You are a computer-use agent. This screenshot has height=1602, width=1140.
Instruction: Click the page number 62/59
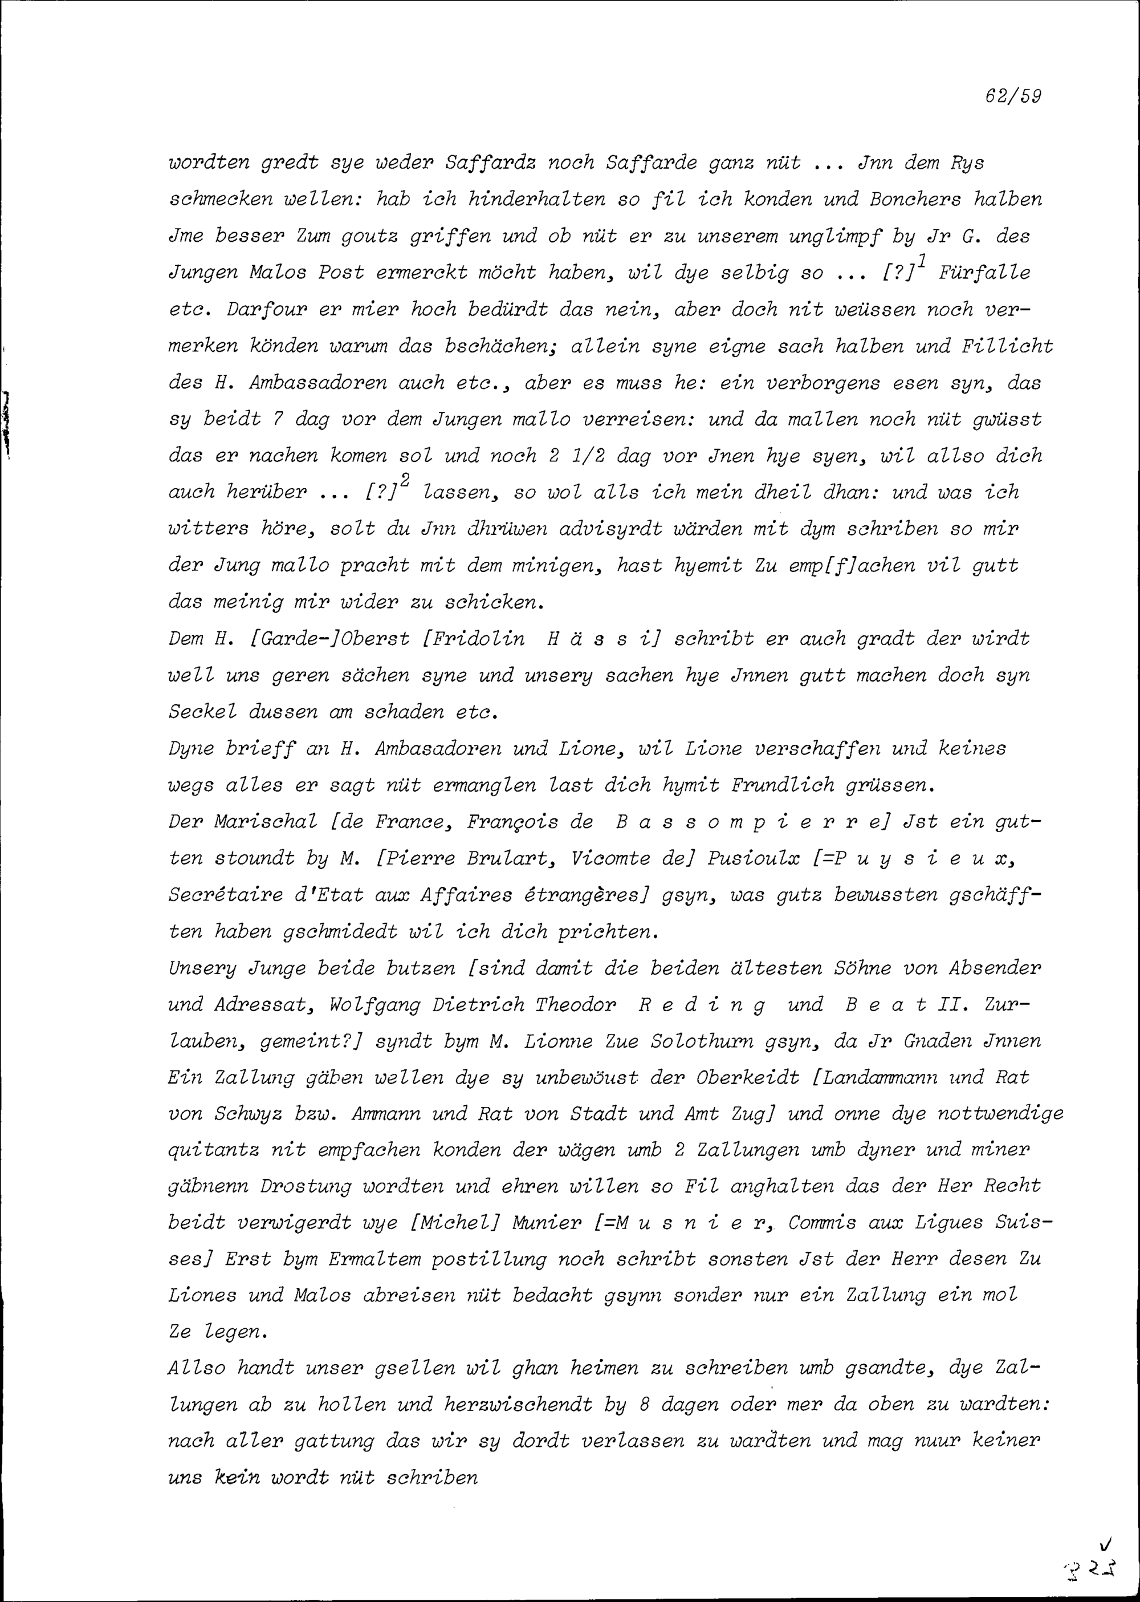click(x=1012, y=96)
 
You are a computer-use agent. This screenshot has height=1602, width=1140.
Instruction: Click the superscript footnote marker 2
click(x=405, y=479)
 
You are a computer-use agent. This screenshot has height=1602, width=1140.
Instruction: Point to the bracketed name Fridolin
click(x=479, y=638)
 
